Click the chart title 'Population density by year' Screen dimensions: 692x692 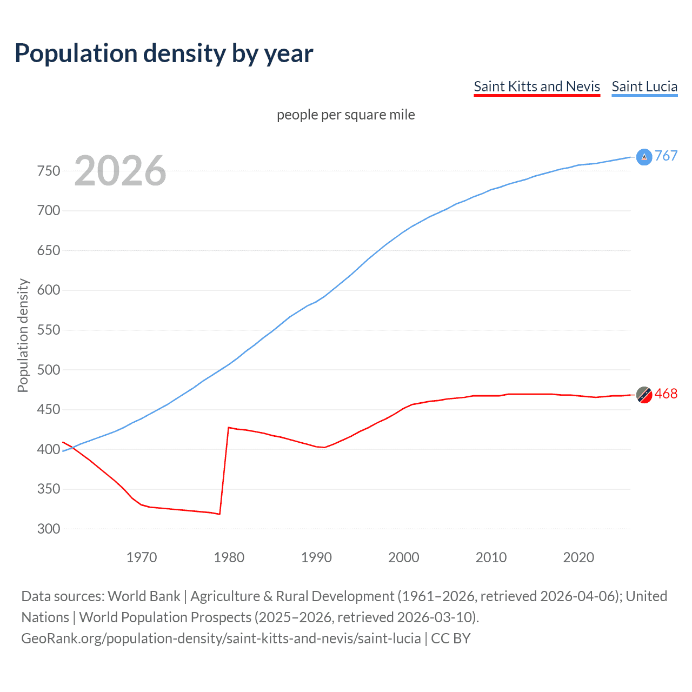click(164, 54)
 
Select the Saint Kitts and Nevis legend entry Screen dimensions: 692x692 click(536, 86)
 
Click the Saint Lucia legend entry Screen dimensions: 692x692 click(644, 86)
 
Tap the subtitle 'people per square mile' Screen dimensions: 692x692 click(345, 115)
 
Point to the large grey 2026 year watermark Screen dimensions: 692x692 click(120, 171)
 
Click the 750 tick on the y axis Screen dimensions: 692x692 click(49, 171)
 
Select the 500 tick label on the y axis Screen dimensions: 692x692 click(49, 370)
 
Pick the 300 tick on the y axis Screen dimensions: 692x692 click(49, 529)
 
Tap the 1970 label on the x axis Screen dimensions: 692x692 click(142, 557)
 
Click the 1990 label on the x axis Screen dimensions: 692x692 click(316, 557)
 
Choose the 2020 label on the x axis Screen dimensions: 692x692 click(578, 557)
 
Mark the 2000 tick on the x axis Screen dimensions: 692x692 click(404, 557)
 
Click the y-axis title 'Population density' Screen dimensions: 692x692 click(23, 335)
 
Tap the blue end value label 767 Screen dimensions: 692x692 click(666, 156)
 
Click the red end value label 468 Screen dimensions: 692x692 click(666, 394)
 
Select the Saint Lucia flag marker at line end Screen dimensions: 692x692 click(644, 157)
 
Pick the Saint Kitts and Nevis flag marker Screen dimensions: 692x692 click(644, 395)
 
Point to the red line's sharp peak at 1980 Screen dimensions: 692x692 click(229, 428)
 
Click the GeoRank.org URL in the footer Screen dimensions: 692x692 click(221, 638)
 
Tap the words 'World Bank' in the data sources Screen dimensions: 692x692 click(144, 596)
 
